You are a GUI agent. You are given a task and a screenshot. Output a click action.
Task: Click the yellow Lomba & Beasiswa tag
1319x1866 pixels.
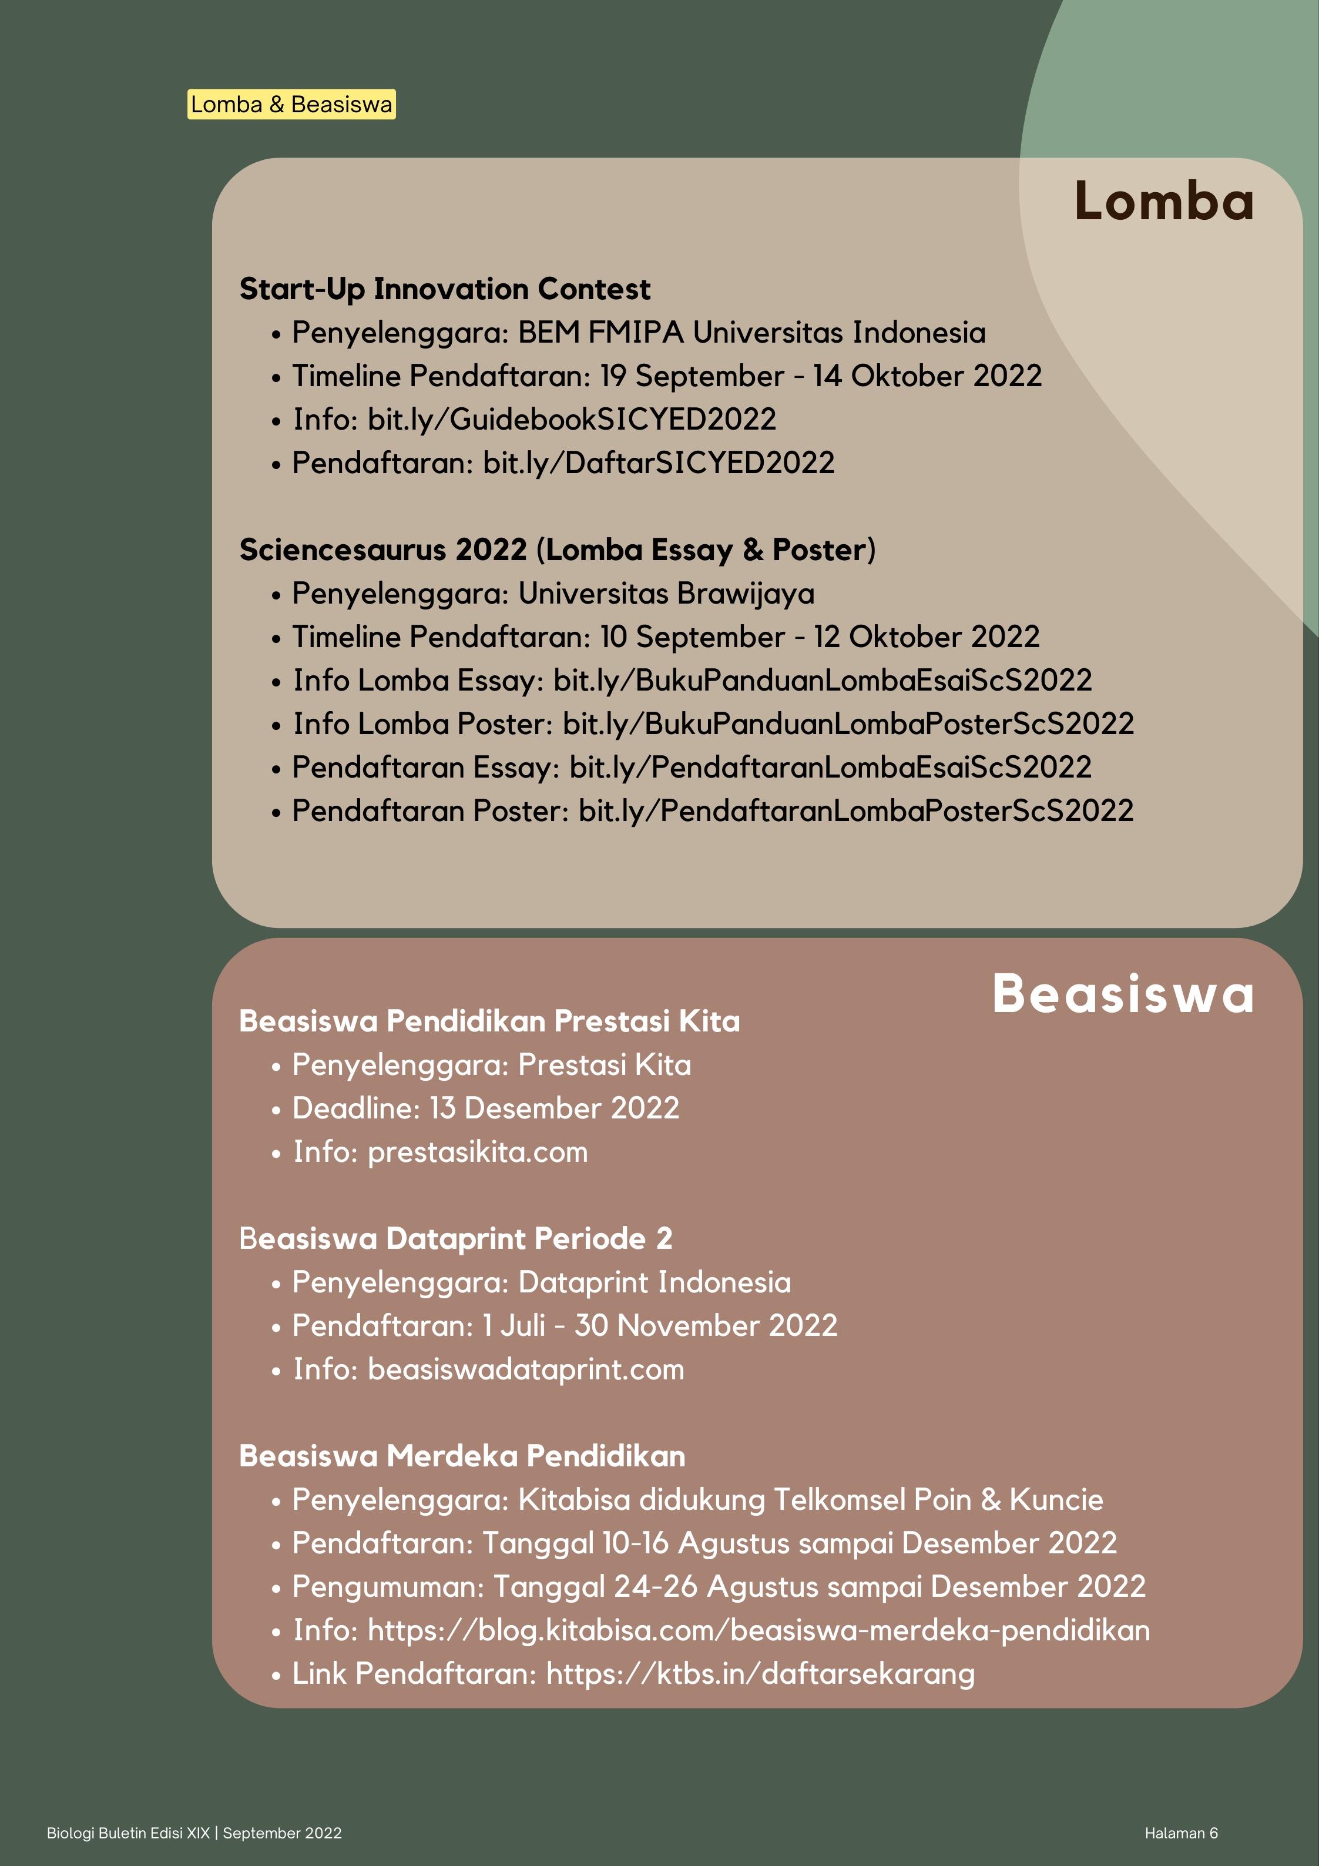tap(291, 104)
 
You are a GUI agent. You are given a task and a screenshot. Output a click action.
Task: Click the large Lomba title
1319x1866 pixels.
tap(1164, 201)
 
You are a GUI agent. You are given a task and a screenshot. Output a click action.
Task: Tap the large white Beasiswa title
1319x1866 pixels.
tap(1122, 993)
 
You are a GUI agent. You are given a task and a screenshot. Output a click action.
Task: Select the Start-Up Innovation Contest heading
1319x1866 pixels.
tap(445, 289)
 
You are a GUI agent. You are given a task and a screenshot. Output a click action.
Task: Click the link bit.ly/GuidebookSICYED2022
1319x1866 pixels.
tap(571, 420)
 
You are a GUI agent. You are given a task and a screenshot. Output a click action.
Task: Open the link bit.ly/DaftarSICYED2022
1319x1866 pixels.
tap(658, 463)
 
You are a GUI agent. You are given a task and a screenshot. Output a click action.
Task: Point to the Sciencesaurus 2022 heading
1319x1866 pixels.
tap(557, 550)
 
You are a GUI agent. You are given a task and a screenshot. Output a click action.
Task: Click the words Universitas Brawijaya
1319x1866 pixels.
tap(666, 593)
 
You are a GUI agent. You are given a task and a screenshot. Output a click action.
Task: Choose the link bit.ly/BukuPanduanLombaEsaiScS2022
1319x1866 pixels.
tap(823, 680)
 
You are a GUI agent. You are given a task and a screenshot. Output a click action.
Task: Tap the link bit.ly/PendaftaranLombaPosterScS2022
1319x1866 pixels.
tap(856, 810)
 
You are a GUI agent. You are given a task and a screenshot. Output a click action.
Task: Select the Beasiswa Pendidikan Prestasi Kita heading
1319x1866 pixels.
tap(489, 1021)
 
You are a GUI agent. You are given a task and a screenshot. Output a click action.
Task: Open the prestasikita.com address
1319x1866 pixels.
tap(477, 1151)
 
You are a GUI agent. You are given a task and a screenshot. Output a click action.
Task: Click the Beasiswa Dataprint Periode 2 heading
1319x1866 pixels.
tap(455, 1238)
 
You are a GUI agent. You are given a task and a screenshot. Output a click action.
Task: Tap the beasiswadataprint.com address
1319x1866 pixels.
tap(526, 1369)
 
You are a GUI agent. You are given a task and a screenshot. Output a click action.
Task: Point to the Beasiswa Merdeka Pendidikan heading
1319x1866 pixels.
tap(462, 1456)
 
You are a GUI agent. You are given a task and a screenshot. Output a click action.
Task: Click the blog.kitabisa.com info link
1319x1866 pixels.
tap(758, 1630)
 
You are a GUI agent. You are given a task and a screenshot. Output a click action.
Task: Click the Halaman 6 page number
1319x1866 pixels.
tap(1181, 1833)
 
